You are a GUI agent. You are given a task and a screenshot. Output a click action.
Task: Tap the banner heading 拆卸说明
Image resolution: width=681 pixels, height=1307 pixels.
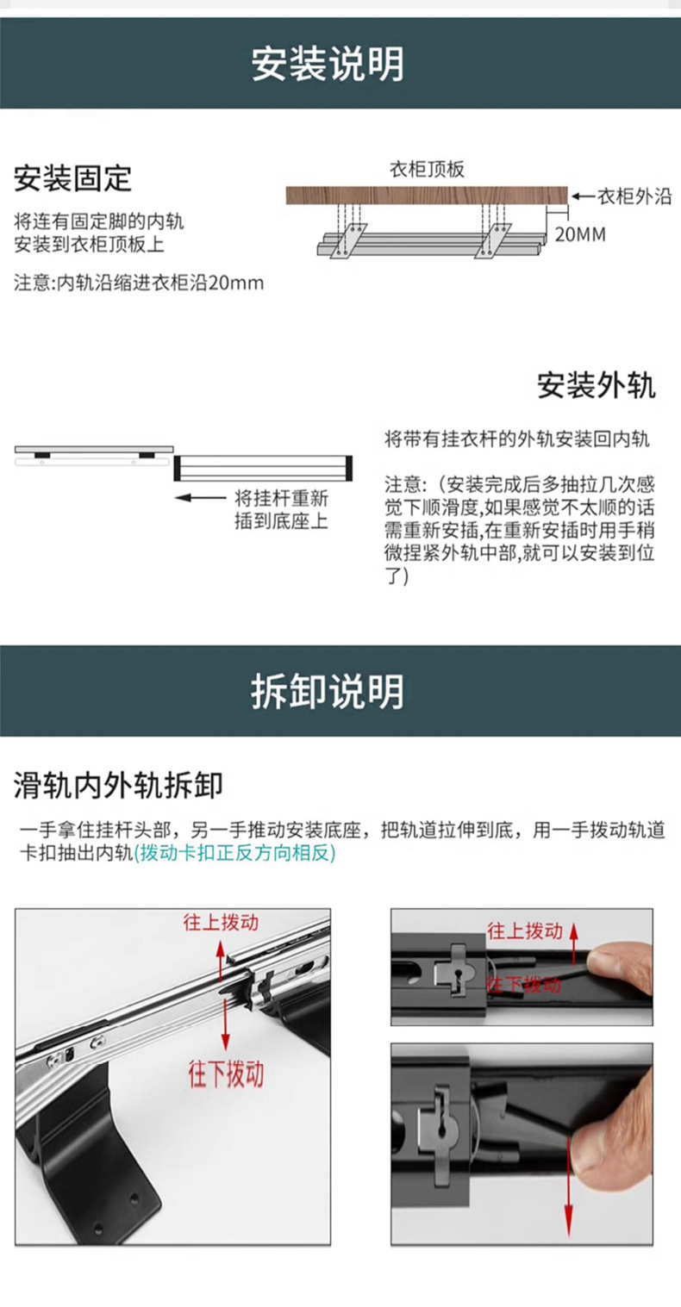[328, 692]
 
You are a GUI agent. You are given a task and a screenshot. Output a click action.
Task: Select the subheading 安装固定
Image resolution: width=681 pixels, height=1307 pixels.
[72, 178]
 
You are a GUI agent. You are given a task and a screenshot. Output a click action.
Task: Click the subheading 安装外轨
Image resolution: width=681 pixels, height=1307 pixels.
[596, 385]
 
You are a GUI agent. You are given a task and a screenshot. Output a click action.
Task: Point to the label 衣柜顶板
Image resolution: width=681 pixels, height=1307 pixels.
[427, 170]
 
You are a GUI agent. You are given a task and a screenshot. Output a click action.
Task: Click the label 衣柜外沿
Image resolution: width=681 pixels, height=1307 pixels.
[634, 196]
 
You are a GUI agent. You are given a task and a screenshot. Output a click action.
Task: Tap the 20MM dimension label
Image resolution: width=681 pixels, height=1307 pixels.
[579, 234]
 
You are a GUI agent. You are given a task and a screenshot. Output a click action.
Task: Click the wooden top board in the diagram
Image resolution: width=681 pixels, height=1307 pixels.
[427, 196]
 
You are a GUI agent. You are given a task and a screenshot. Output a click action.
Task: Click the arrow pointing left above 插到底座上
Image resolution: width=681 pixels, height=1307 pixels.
[200, 497]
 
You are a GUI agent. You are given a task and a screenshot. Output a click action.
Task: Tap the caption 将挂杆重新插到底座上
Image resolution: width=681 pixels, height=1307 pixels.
[281, 509]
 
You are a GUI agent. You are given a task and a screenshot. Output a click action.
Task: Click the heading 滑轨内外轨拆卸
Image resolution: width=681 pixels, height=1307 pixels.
[118, 785]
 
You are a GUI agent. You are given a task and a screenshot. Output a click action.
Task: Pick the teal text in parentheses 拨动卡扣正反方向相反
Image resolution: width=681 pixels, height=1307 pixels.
[234, 853]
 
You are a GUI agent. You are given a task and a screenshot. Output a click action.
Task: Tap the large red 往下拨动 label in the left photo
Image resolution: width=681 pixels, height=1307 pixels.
[226, 1074]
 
